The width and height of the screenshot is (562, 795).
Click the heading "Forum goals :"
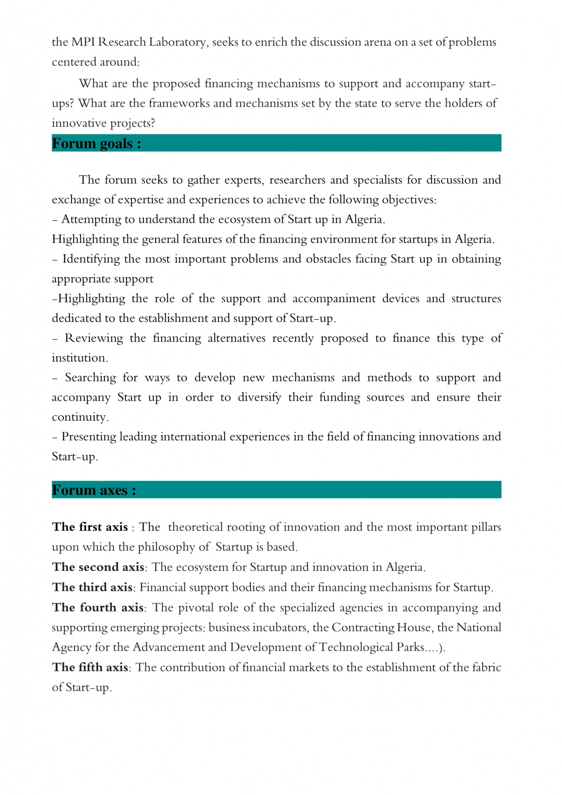coord(96,144)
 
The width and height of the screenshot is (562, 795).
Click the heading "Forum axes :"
coord(94,490)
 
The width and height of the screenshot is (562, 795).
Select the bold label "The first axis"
coord(90,527)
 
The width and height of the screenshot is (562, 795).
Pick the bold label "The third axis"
coord(92,587)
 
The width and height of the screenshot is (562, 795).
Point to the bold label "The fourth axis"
coord(98,608)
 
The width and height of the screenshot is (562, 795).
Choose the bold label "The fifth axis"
coord(90,667)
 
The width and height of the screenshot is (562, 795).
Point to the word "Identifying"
coord(92,259)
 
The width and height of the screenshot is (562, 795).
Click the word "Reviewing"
coord(93,338)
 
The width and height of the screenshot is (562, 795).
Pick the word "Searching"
coord(90,378)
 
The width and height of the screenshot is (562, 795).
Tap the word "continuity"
coord(80,417)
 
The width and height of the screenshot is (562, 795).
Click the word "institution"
coord(79,358)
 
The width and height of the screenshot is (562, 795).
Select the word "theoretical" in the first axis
coord(195,527)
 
